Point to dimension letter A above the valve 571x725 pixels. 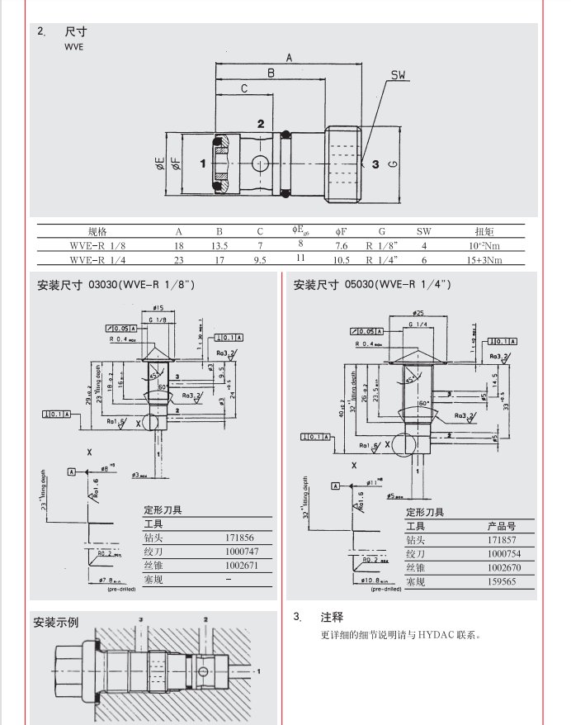pos(289,57)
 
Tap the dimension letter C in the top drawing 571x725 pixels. pos(244,88)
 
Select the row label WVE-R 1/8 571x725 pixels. pos(97,245)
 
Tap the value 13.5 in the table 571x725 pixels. pos(219,245)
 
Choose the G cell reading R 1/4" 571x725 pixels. pos(382,259)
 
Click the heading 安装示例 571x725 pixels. pos(56,622)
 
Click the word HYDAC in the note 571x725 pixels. pos(435,635)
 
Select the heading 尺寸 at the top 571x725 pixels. pos(76,32)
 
